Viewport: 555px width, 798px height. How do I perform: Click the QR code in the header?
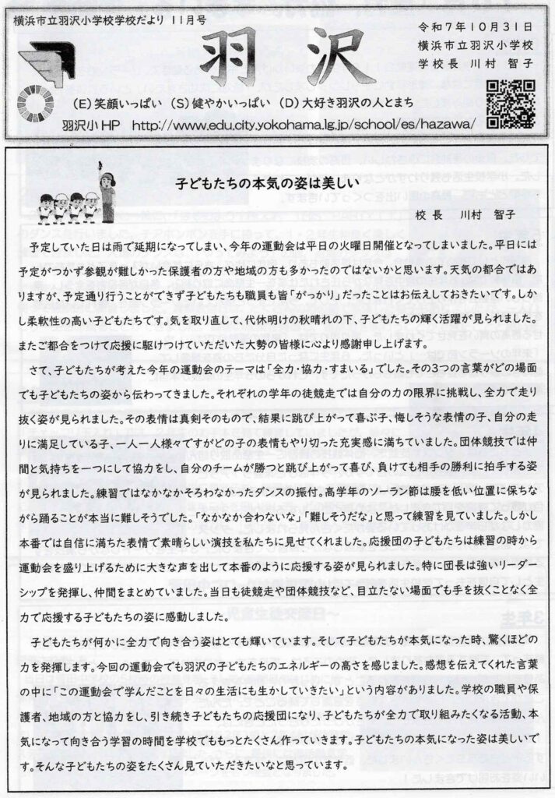(511, 104)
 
